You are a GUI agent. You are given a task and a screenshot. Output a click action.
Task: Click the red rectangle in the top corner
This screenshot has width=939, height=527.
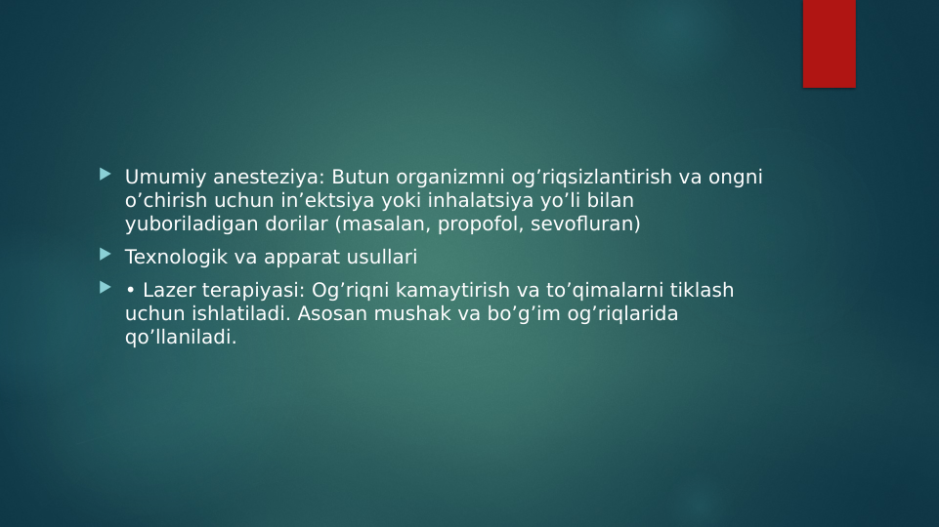pos(829,43)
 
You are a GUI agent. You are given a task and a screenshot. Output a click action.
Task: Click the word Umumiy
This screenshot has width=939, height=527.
pos(156,178)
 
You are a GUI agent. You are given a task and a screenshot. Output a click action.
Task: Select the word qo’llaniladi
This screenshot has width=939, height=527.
pos(181,338)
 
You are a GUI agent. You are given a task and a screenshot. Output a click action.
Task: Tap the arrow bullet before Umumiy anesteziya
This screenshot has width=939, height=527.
pos(105,176)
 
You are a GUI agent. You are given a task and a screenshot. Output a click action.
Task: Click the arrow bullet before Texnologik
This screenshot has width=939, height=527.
pos(105,256)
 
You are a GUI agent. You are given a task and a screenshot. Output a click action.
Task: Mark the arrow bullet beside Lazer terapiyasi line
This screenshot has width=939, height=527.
pos(105,289)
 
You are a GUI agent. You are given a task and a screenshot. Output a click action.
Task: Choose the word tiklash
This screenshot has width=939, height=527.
pos(702,291)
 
